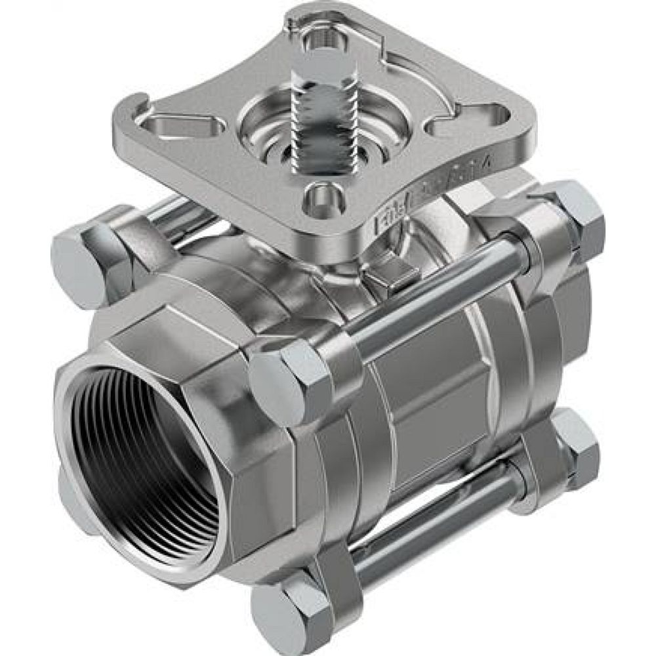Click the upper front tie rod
433,302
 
